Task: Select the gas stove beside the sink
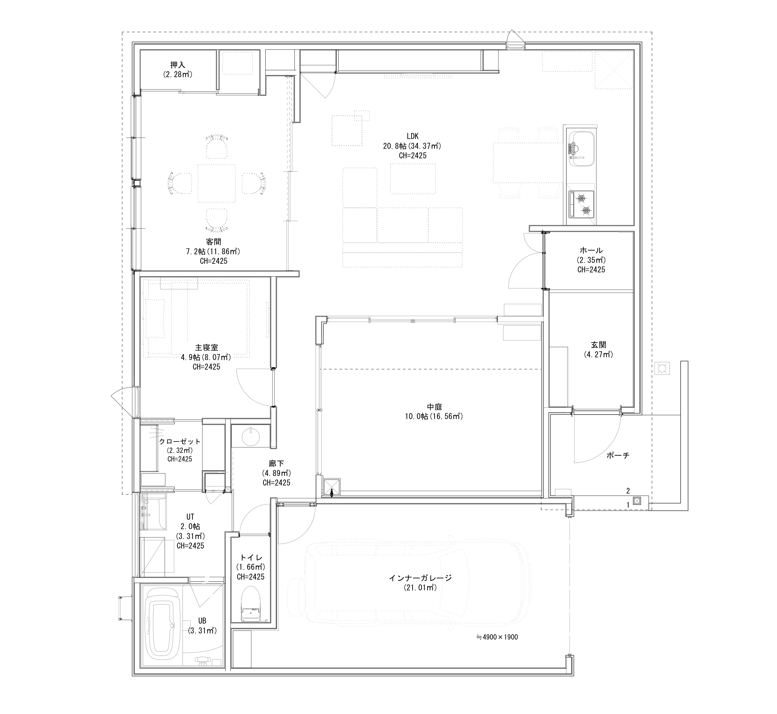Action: tap(581, 204)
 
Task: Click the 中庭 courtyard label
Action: tap(434, 407)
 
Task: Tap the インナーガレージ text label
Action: tap(420, 578)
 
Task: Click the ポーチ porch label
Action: tap(618, 455)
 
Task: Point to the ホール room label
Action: tap(591, 250)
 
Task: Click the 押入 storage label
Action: tap(178, 65)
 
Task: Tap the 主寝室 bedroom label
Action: tap(207, 348)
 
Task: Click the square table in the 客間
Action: tap(217, 184)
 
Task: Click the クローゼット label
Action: tap(180, 441)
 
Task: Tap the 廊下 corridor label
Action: tap(276, 463)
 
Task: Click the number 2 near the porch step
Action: tap(628, 491)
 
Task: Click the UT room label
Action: tap(190, 517)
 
